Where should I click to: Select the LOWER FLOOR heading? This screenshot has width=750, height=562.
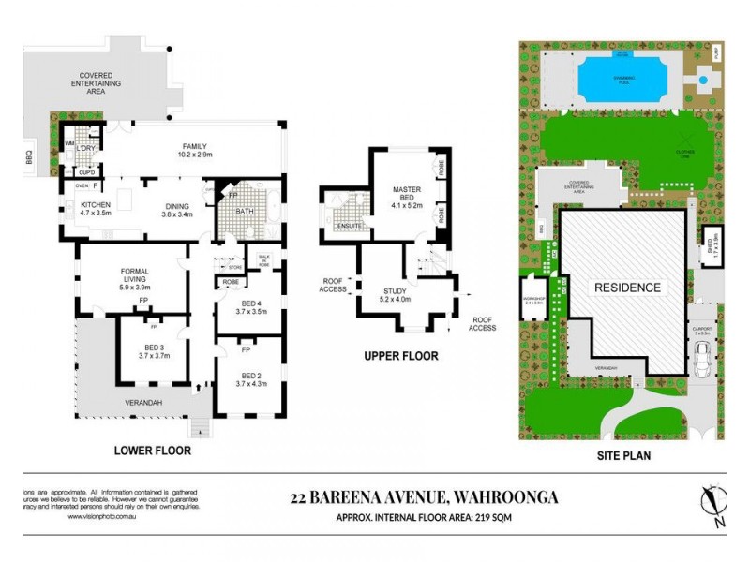(x=152, y=451)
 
